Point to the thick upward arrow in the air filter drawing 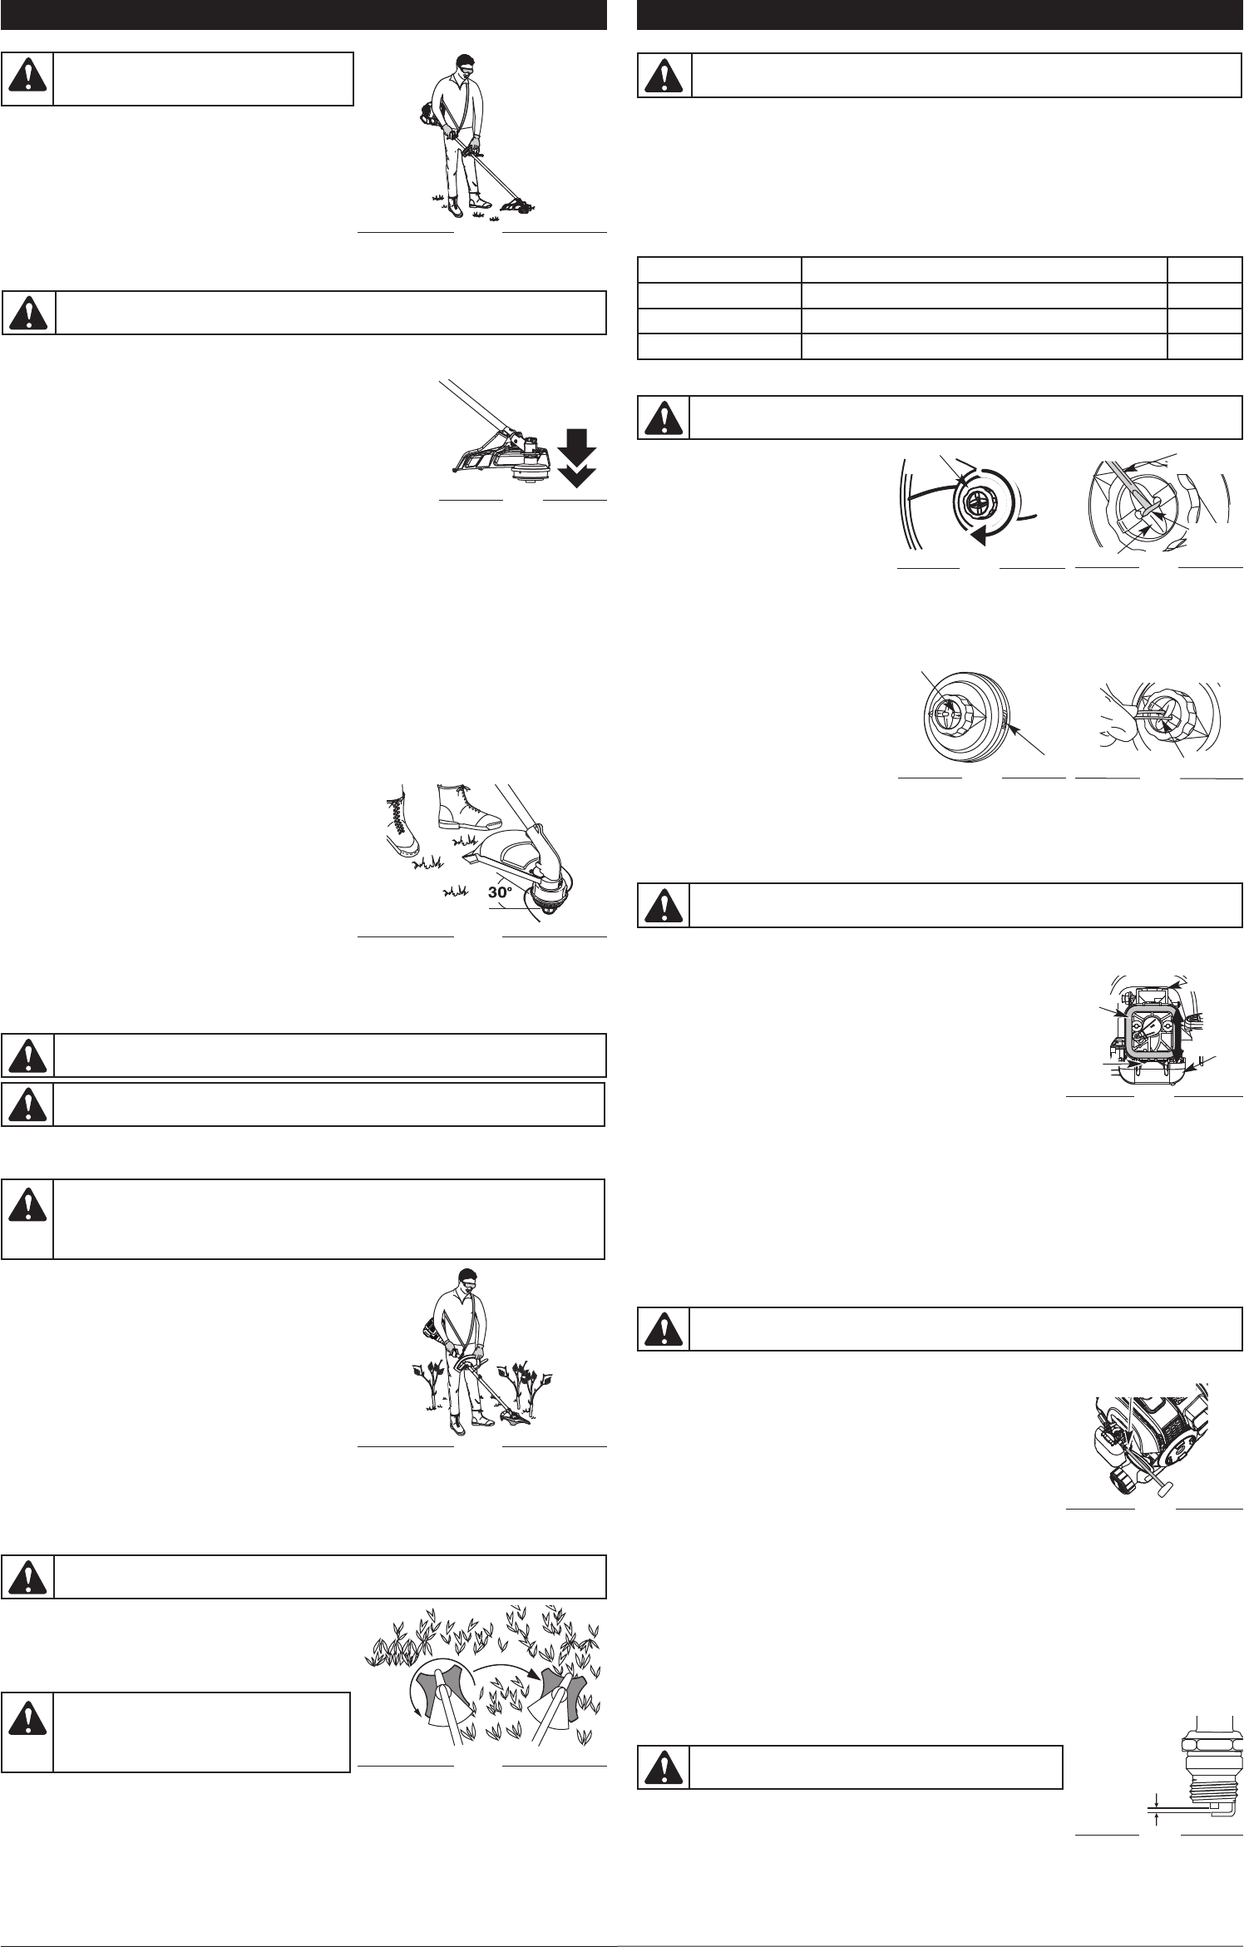click(x=1178, y=1035)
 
